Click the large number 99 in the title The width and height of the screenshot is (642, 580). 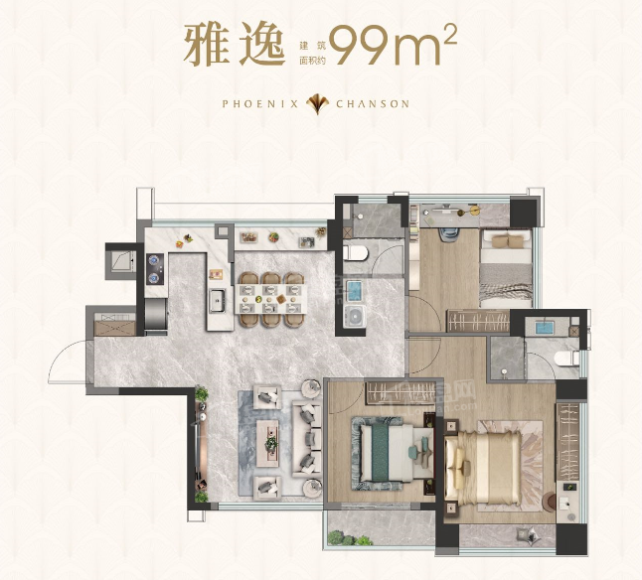[x=359, y=45]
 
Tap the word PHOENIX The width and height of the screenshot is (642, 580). [x=260, y=104]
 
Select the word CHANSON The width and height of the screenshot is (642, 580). [x=373, y=104]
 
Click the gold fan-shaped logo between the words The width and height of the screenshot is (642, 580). [x=317, y=104]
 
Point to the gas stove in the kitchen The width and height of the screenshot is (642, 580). [x=155, y=269]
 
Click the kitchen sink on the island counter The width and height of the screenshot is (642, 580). [x=218, y=301]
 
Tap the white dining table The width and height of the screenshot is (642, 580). [x=270, y=299]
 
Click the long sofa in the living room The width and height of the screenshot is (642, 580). [x=307, y=439]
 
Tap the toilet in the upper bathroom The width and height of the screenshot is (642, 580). [x=356, y=253]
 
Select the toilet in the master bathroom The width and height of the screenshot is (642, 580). [x=567, y=359]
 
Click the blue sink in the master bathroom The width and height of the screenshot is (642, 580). [x=545, y=328]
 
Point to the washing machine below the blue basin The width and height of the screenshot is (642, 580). [x=355, y=317]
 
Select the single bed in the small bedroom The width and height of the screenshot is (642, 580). [x=506, y=268]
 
